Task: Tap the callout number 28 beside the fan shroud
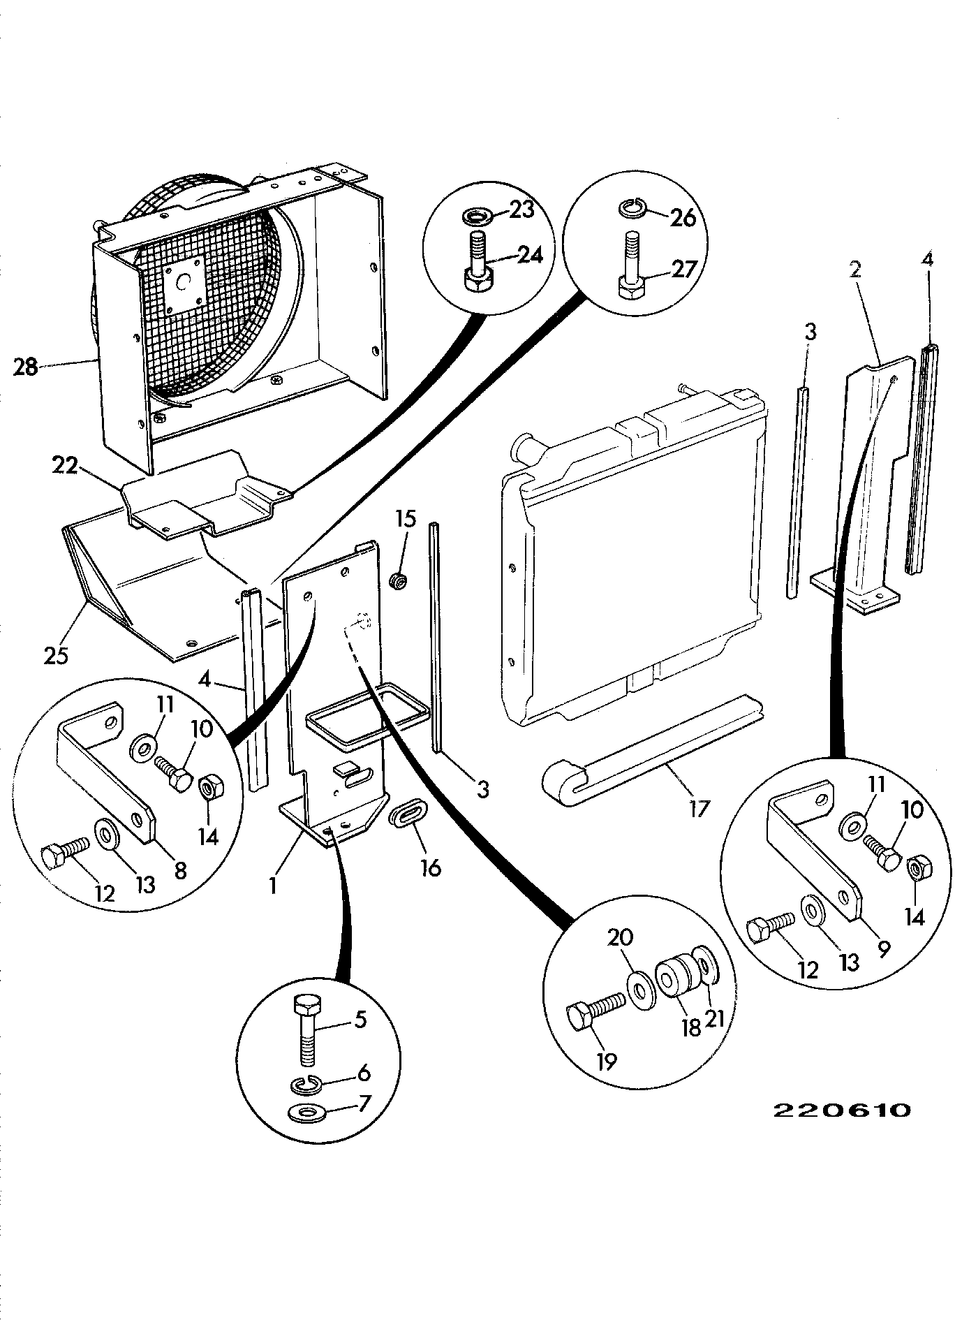point(26,366)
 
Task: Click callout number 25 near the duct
point(57,655)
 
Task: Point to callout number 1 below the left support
point(273,886)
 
